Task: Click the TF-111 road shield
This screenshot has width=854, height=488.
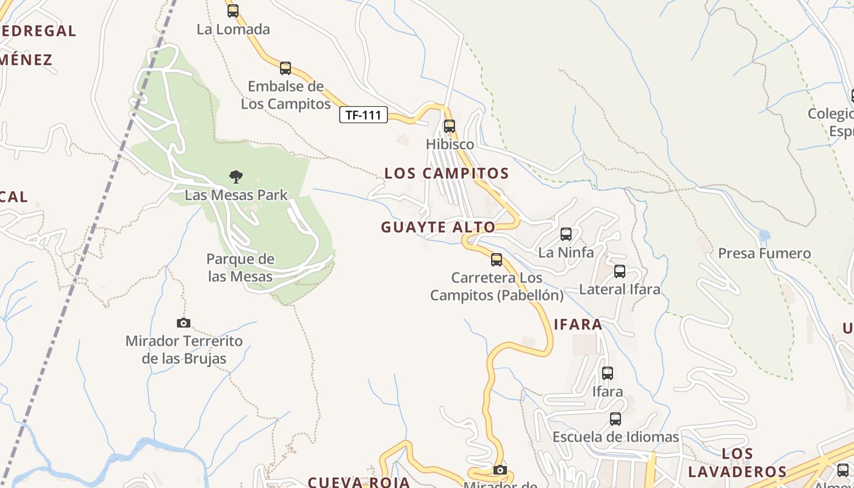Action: [x=364, y=115]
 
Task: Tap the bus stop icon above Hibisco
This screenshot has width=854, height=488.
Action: [x=450, y=126]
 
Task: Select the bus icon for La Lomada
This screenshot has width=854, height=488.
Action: [x=232, y=10]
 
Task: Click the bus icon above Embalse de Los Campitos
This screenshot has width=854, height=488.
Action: [x=285, y=68]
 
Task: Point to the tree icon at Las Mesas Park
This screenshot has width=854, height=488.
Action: [x=236, y=177]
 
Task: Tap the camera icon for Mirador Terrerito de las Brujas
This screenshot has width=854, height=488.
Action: [x=184, y=323]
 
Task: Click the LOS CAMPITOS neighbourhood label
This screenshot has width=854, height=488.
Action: [x=447, y=173]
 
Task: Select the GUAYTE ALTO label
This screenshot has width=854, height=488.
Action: [x=438, y=228]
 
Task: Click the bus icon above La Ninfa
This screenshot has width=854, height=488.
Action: [x=566, y=234]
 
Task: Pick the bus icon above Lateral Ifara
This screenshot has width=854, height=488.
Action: [x=620, y=271]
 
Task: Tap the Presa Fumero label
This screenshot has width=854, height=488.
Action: [x=764, y=253]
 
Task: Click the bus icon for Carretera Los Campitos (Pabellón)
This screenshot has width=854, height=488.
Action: [x=497, y=260]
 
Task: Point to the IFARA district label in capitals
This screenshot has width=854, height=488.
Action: [x=578, y=325]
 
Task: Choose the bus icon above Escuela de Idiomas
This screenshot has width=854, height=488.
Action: [x=615, y=419]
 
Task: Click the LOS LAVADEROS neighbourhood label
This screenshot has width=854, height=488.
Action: [x=737, y=463]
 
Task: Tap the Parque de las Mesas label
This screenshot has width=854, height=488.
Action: [x=240, y=268]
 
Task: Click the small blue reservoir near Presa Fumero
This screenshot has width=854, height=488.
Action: [x=764, y=235]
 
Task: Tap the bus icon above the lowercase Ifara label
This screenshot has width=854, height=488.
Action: [x=608, y=373]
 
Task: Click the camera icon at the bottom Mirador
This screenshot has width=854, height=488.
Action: [x=500, y=470]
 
